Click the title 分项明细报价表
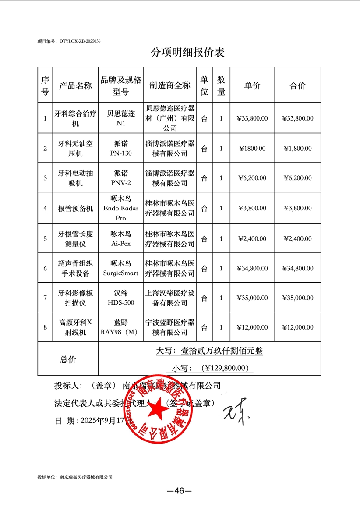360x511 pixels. (x=187, y=53)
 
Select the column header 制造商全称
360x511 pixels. (x=170, y=85)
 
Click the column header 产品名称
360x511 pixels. (x=75, y=85)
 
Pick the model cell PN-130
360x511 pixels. (x=121, y=153)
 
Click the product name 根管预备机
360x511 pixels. (x=75, y=208)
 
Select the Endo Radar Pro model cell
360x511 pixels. (x=121, y=208)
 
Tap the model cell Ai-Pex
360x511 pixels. (x=121, y=244)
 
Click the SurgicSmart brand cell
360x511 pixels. (x=121, y=268)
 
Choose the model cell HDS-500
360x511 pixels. (x=121, y=303)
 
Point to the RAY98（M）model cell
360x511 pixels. (x=121, y=332)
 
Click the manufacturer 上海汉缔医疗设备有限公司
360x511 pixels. (x=170, y=298)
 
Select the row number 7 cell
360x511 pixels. (x=45, y=298)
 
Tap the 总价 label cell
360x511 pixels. (x=68, y=359)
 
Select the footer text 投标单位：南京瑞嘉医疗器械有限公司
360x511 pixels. (x=75, y=477)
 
